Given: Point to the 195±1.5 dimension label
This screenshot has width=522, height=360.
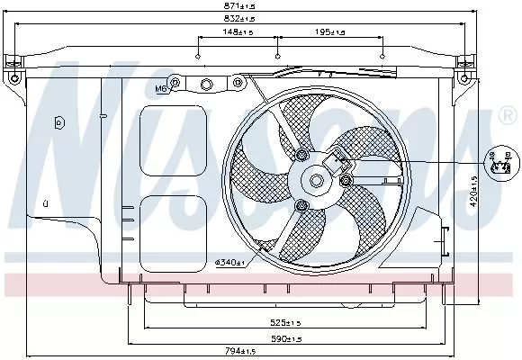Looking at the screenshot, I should [330, 33].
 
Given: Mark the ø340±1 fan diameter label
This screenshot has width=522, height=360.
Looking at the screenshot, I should [230, 262].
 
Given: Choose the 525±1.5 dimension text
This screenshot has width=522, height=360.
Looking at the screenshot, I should [290, 322].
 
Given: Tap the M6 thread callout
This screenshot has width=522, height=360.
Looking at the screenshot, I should [161, 89].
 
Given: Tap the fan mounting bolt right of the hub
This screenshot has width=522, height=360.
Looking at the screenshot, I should [346, 183].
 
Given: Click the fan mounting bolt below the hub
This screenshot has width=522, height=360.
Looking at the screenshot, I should [301, 208].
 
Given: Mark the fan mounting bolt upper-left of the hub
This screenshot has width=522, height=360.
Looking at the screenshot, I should [300, 157].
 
